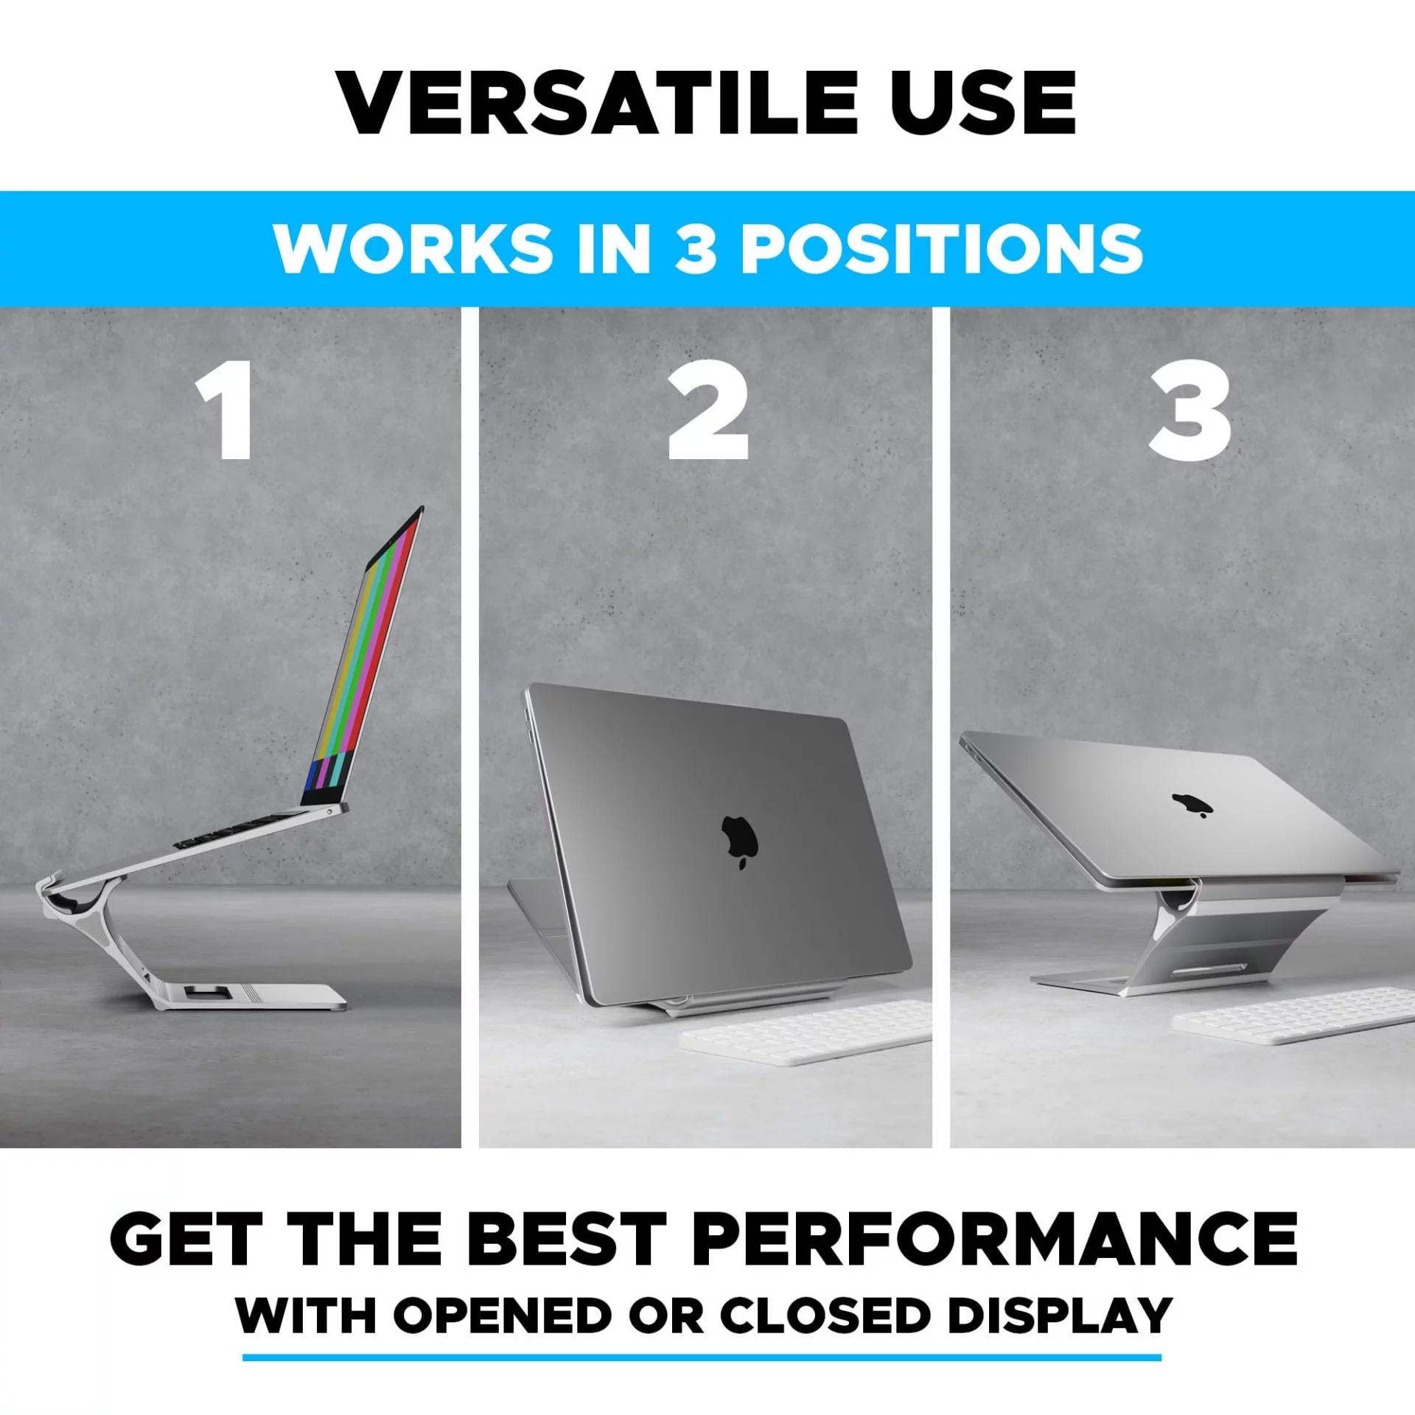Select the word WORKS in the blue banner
pyautogui.click(x=413, y=248)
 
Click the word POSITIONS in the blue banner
pyautogui.click(x=942, y=248)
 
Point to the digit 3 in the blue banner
pyautogui.click(x=696, y=248)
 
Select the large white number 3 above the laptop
pyautogui.click(x=1189, y=411)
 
